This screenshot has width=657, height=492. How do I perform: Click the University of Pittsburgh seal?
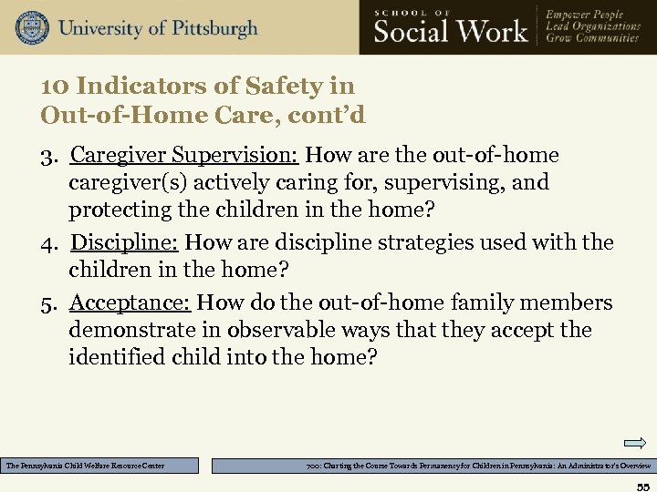[x=32, y=27]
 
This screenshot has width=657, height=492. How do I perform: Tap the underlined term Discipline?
[x=126, y=243]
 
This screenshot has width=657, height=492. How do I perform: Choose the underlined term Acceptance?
[x=130, y=302]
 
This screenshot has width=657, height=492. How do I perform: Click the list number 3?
[x=49, y=156]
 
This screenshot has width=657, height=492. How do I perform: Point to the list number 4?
[x=49, y=243]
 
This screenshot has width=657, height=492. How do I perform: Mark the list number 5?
[x=49, y=302]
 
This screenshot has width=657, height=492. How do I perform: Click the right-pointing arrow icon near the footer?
[x=635, y=444]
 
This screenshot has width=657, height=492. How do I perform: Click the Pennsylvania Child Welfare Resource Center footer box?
[x=99, y=466]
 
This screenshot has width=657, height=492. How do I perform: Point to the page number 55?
[x=643, y=484]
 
